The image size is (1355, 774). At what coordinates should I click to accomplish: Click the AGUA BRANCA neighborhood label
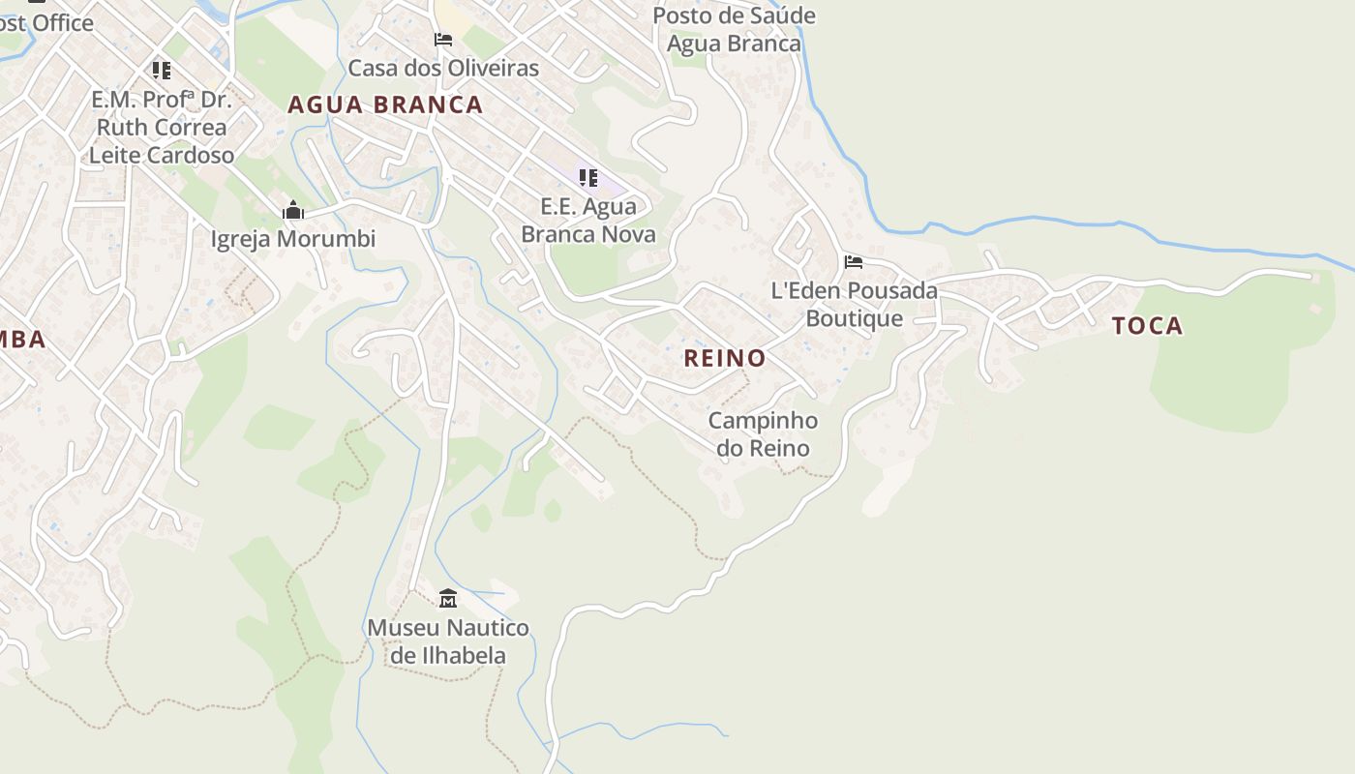click(385, 104)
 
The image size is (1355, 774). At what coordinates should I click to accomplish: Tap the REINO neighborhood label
click(725, 358)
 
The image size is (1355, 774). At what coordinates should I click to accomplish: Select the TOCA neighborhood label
click(1147, 326)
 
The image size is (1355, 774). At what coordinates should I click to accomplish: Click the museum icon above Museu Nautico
click(448, 599)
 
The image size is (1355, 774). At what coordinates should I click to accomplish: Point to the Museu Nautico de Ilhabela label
click(448, 641)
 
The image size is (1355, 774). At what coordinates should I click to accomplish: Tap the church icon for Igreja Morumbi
click(293, 210)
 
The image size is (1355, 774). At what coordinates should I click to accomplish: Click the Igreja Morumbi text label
click(293, 239)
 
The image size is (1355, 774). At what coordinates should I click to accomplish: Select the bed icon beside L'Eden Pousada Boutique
click(853, 262)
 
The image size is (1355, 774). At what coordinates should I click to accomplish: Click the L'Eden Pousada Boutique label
click(855, 304)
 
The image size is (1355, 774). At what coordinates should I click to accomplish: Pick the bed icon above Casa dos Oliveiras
click(443, 40)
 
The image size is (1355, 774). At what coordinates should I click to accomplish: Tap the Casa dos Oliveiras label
click(443, 68)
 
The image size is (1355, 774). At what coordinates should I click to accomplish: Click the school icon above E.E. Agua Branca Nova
click(587, 178)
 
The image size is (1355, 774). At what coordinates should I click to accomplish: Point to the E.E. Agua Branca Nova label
click(588, 221)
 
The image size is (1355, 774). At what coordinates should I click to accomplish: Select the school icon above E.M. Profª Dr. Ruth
click(161, 71)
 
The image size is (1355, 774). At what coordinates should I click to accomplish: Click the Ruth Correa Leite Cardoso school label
click(161, 127)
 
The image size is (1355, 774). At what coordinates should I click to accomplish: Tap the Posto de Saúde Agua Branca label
click(735, 29)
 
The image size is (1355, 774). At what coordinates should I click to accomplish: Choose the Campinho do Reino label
click(763, 434)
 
